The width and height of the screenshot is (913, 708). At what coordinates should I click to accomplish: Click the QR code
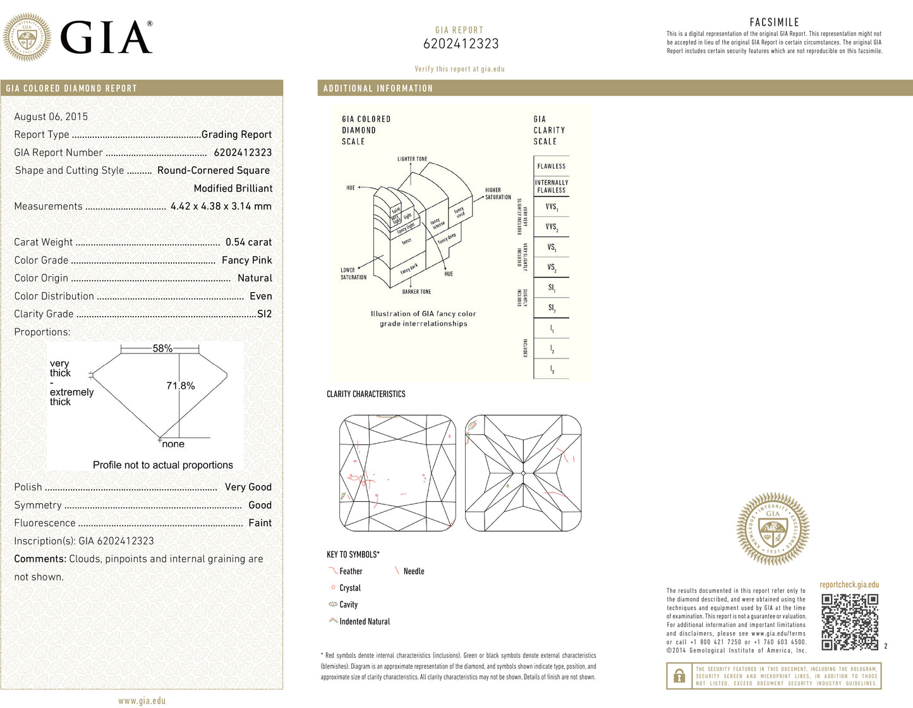tap(850, 622)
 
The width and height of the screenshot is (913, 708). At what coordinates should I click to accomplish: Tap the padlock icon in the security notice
tap(679, 676)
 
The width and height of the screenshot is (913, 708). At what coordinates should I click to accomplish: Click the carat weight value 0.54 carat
tap(248, 242)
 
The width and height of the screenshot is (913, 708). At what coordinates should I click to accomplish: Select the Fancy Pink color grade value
tap(246, 260)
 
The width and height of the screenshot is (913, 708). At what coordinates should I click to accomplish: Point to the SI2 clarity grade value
tap(264, 314)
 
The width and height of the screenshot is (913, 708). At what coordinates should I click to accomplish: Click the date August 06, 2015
tap(51, 116)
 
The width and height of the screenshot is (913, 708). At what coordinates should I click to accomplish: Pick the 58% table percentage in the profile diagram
tap(162, 348)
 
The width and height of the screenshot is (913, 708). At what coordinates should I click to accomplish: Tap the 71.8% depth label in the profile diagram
tap(181, 386)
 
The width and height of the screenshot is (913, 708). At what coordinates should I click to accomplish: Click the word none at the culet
tap(173, 444)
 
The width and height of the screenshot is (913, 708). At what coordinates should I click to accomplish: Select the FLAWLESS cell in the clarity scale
tap(551, 166)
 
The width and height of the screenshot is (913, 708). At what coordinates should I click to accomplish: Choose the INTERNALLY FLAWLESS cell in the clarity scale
tap(551, 186)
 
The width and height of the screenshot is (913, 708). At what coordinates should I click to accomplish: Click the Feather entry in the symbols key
tap(351, 571)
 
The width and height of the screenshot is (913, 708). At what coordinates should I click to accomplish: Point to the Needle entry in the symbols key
tap(414, 571)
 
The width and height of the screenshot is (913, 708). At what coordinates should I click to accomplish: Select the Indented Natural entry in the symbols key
tap(365, 621)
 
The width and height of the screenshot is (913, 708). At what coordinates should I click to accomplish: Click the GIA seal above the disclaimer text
tap(772, 528)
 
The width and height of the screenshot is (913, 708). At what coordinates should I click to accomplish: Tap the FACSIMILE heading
tap(774, 22)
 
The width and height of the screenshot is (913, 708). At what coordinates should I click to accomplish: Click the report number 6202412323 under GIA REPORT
tap(461, 44)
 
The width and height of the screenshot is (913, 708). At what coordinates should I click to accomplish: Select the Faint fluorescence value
tap(260, 523)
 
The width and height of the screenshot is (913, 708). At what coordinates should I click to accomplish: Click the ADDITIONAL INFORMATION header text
tap(378, 88)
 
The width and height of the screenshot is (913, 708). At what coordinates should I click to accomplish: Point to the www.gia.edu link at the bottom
tap(142, 700)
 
